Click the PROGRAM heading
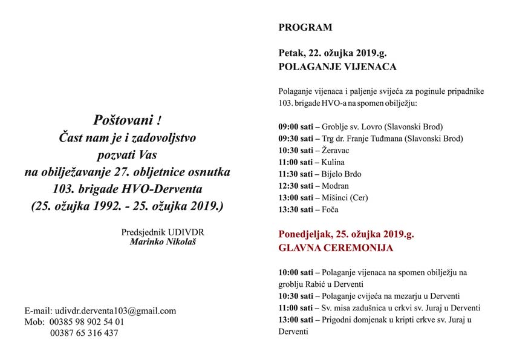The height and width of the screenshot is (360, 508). click(x=305, y=27)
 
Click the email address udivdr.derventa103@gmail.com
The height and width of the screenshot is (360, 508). click(x=116, y=311)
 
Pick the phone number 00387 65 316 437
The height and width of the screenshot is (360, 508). click(x=84, y=333)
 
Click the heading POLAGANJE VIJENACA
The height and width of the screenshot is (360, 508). click(x=337, y=67)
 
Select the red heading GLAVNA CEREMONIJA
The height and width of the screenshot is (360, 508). click(x=336, y=247)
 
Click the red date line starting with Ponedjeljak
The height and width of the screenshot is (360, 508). click(x=346, y=234)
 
